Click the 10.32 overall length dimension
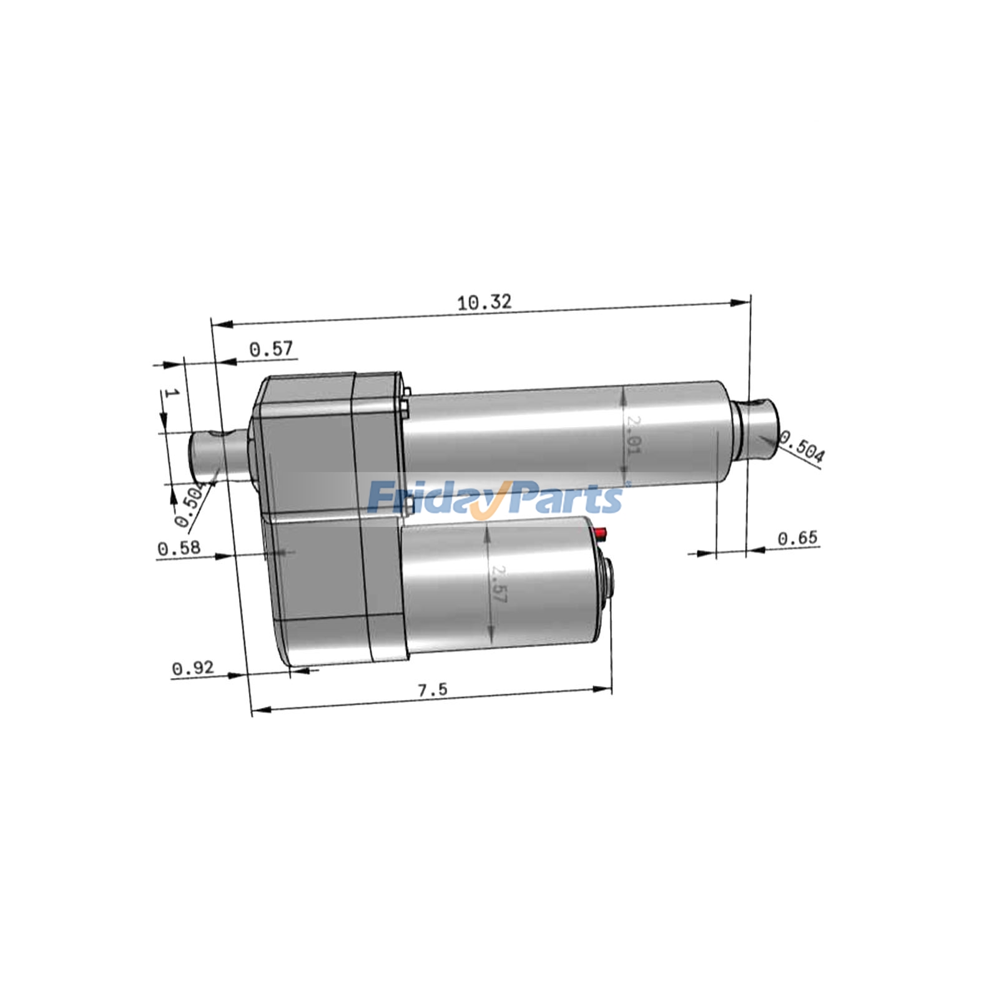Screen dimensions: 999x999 point(484,302)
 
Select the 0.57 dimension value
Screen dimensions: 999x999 point(271,349)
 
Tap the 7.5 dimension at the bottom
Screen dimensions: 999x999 point(432,690)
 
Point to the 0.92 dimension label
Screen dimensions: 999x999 point(193,668)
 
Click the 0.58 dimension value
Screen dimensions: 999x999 point(179,549)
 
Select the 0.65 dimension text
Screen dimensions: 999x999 point(797,538)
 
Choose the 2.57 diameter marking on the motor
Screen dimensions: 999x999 point(498,584)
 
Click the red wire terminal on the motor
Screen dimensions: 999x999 point(601,533)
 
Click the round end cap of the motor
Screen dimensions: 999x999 point(609,579)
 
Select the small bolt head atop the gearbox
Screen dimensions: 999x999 point(406,392)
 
